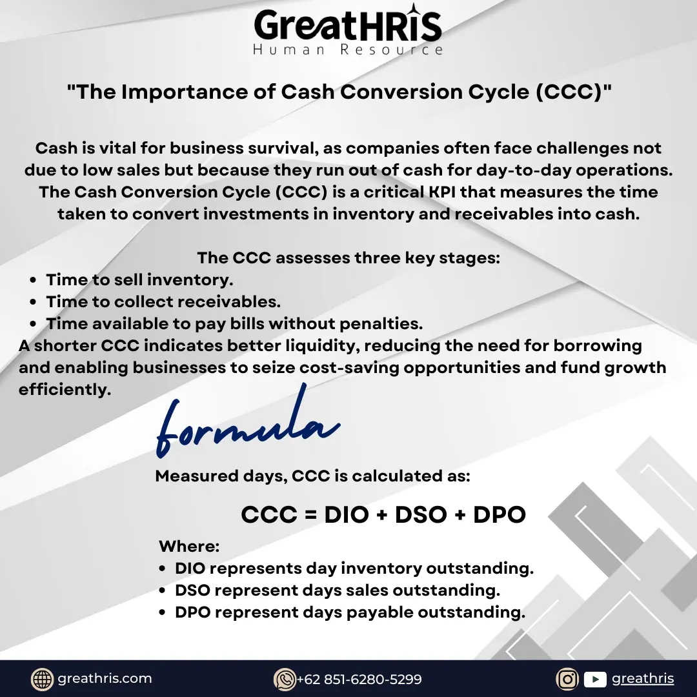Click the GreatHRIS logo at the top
tap(348, 29)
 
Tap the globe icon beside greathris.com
tap(42, 679)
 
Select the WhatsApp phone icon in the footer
tap(285, 679)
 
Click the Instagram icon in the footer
tap(567, 679)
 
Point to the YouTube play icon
tap(595, 679)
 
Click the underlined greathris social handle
tap(643, 679)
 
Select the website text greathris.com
tap(105, 678)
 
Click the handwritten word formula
tap(248, 422)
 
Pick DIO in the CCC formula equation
tap(347, 515)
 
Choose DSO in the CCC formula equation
tap(421, 515)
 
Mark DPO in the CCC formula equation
tap(499, 515)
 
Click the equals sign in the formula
tap(310, 515)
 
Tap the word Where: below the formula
tap(189, 546)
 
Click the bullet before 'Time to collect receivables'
tap(33, 302)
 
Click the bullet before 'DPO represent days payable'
tap(162, 612)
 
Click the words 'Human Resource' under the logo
tap(348, 49)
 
